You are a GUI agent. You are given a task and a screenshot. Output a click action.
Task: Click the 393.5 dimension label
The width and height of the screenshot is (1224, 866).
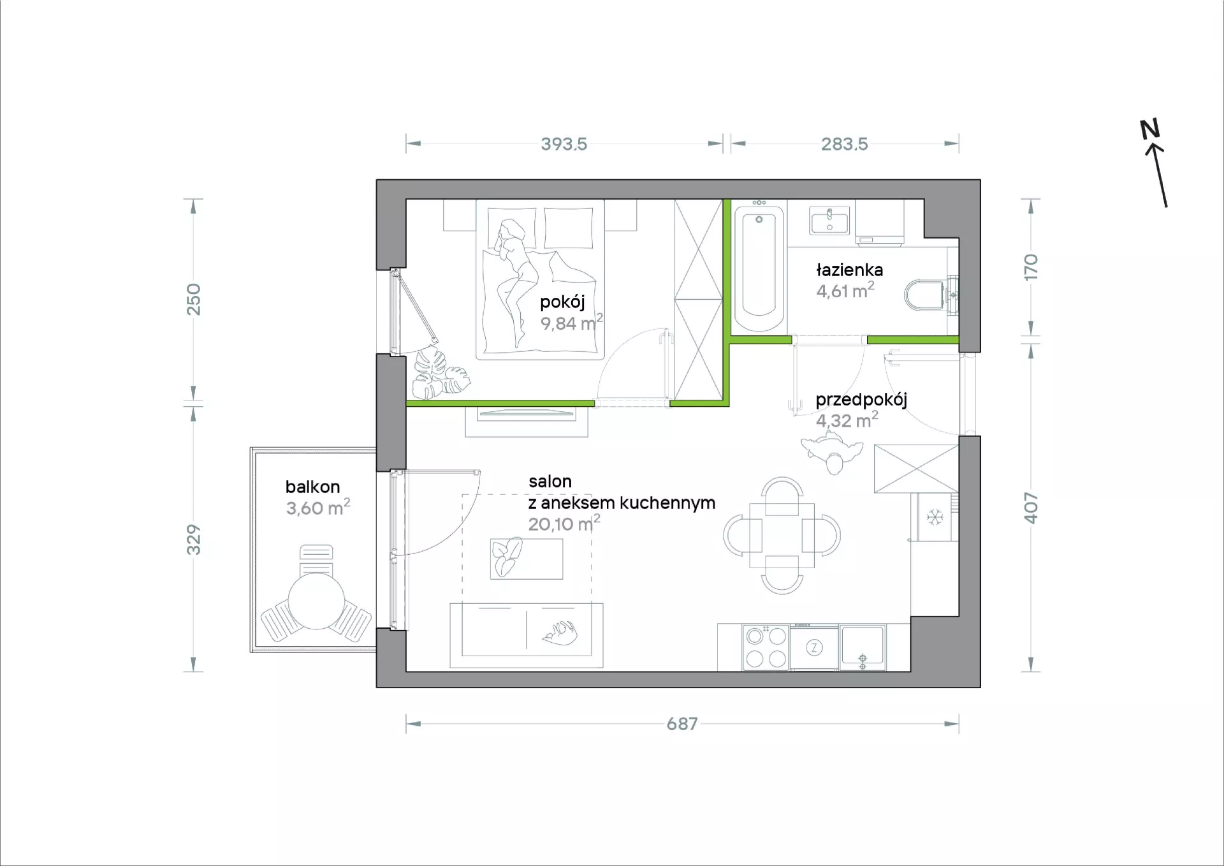tap(564, 144)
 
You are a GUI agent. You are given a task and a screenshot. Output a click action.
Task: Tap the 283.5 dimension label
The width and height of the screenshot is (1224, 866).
tap(844, 144)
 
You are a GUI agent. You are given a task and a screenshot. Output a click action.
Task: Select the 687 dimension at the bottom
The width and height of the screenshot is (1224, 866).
tap(682, 724)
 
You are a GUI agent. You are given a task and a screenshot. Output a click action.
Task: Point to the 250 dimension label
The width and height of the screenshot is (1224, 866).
tap(193, 299)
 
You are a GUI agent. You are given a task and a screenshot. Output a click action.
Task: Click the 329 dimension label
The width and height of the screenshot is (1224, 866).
tap(193, 539)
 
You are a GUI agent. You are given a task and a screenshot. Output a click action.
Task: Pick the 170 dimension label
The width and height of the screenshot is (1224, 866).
tap(1031, 267)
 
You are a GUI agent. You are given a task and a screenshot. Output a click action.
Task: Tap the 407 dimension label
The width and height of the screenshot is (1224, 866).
tap(1031, 508)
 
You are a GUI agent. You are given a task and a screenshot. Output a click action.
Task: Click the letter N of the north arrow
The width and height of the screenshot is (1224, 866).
tap(1149, 129)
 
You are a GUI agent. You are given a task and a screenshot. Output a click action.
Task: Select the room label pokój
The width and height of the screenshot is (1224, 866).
tap(562, 302)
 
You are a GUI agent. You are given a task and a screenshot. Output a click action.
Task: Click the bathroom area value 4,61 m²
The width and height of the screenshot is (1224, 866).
tap(845, 291)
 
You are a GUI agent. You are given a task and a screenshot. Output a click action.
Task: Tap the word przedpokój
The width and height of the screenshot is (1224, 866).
tap(861, 400)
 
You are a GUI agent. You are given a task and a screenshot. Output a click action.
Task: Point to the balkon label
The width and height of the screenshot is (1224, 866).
tap(312, 487)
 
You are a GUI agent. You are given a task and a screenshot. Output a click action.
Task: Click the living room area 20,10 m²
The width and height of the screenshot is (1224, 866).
tap(564, 524)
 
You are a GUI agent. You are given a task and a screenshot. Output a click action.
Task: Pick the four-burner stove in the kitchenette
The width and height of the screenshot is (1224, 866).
tap(766, 647)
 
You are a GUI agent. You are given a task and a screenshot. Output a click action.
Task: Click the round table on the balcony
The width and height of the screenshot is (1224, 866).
tap(316, 601)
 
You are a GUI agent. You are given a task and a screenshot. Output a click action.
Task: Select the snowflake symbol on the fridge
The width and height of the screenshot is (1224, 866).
tap(935, 517)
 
